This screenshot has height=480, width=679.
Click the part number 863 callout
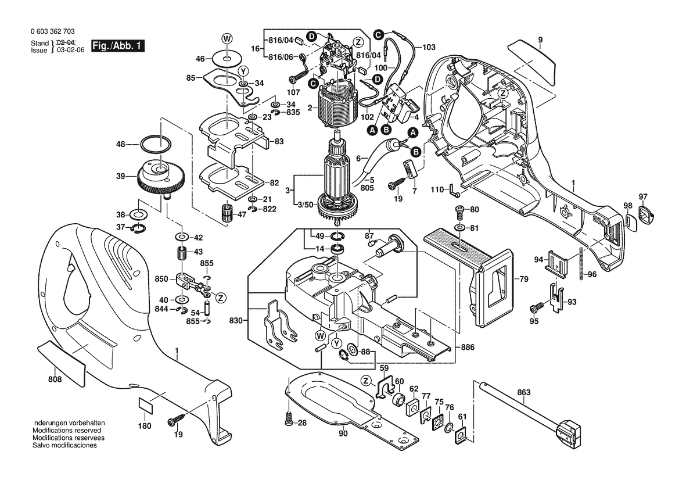coord(524,393)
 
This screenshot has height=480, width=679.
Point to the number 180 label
coord(144,426)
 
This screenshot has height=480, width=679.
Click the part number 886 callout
coord(468,347)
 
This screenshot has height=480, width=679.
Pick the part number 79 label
coord(523,280)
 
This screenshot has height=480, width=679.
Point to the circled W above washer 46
coord(226,38)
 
